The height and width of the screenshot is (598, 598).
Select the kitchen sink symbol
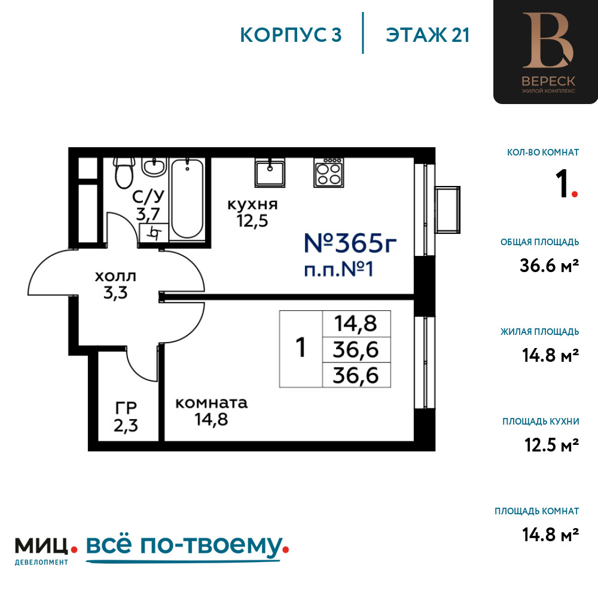[270, 172]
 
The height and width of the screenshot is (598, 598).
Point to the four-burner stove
[329, 172]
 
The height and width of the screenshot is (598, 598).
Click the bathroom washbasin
[154, 167]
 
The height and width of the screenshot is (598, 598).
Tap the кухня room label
[252, 205]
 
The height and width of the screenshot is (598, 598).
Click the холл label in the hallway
[115, 276]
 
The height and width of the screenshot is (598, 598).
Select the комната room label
[211, 402]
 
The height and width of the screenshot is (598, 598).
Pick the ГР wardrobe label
[126, 408]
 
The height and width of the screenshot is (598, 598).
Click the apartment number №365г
[350, 243]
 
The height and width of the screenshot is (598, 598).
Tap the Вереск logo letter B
[548, 41]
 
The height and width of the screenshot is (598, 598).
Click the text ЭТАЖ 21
[428, 35]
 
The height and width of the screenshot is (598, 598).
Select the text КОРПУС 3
[291, 35]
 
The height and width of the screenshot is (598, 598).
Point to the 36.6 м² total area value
[549, 265]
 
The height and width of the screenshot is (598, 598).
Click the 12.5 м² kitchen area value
[551, 445]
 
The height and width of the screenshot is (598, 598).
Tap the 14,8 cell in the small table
[356, 324]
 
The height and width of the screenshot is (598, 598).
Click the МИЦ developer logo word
[42, 546]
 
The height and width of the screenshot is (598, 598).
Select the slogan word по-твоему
[211, 546]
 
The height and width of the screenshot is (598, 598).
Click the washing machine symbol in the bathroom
[154, 232]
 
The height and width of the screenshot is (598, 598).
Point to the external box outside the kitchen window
[448, 209]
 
